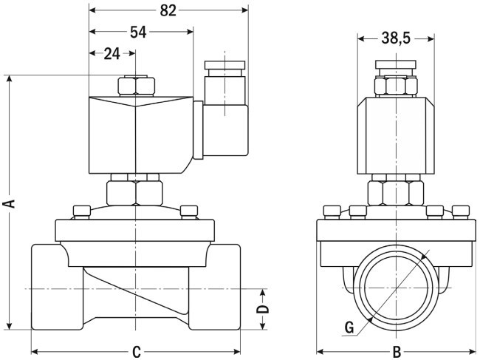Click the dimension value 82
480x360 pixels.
pos(168,10)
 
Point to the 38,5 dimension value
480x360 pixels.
pos(395,38)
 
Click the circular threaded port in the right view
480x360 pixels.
pos(396,287)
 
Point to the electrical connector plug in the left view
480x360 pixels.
pos(221,129)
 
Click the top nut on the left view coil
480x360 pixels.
pos(136,86)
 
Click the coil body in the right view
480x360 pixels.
pos(396,136)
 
